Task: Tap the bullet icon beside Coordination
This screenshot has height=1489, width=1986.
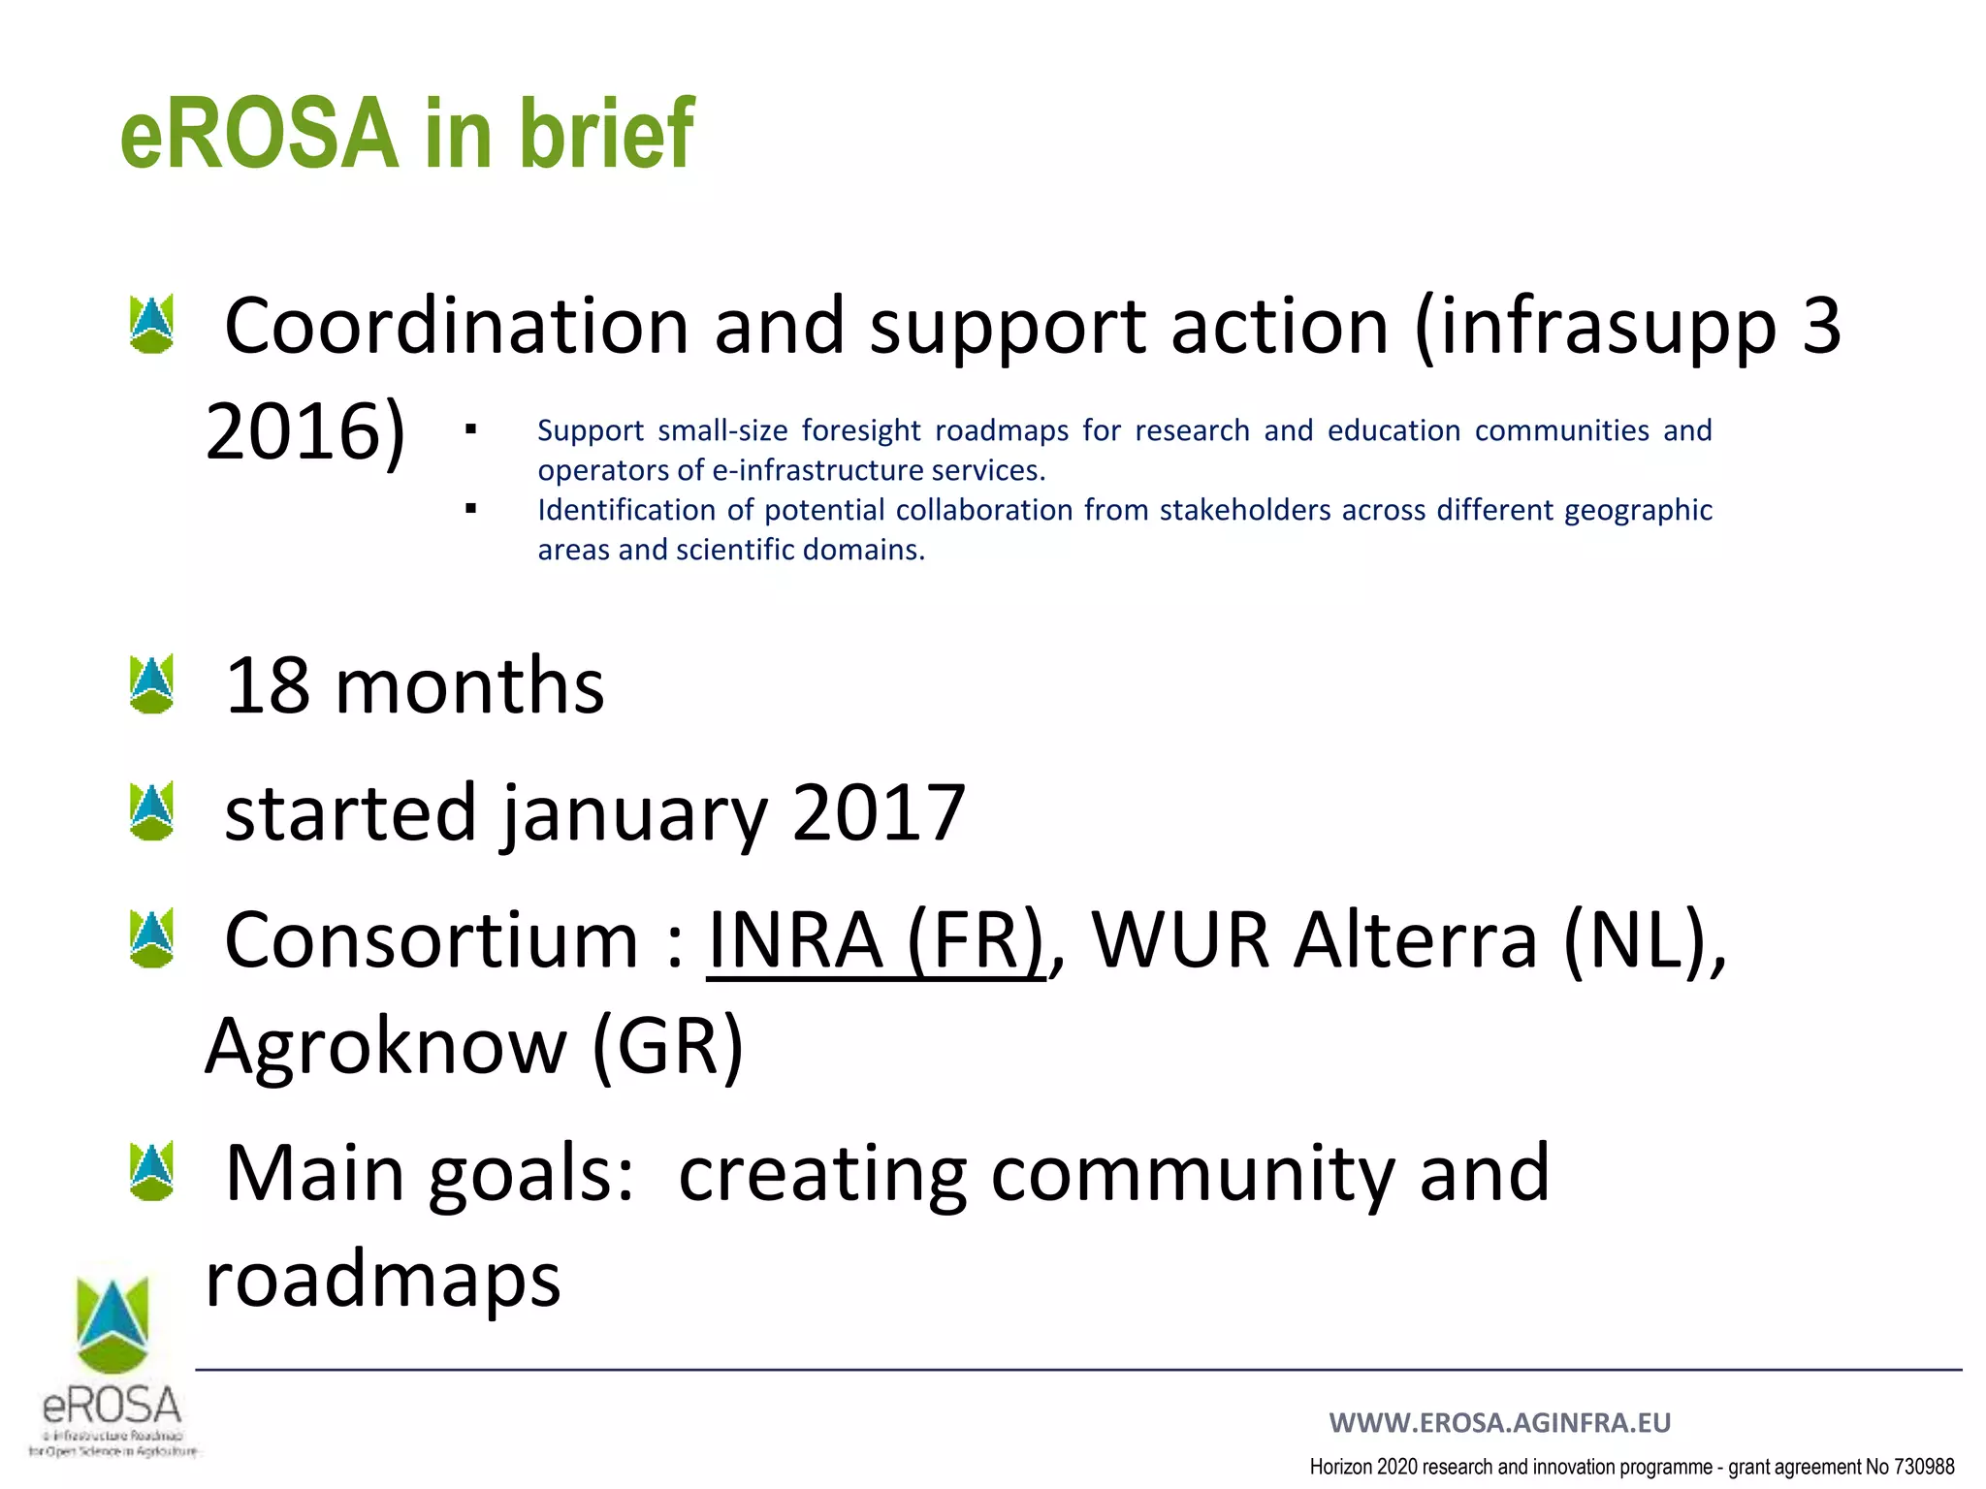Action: coord(151,324)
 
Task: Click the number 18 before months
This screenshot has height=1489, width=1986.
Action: coord(267,685)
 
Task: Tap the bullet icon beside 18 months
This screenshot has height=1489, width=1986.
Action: coord(151,684)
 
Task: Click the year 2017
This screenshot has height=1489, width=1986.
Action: coord(879,812)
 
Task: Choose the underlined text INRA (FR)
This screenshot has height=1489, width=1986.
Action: coord(876,940)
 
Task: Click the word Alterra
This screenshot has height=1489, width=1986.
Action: coord(1416,940)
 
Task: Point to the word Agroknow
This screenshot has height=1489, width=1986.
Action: coord(386,1047)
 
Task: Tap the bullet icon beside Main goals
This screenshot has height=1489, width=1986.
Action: coord(151,1171)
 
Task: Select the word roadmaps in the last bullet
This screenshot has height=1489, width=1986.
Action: coord(383,1280)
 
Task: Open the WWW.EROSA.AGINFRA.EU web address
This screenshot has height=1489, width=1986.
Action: coord(1499,1422)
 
